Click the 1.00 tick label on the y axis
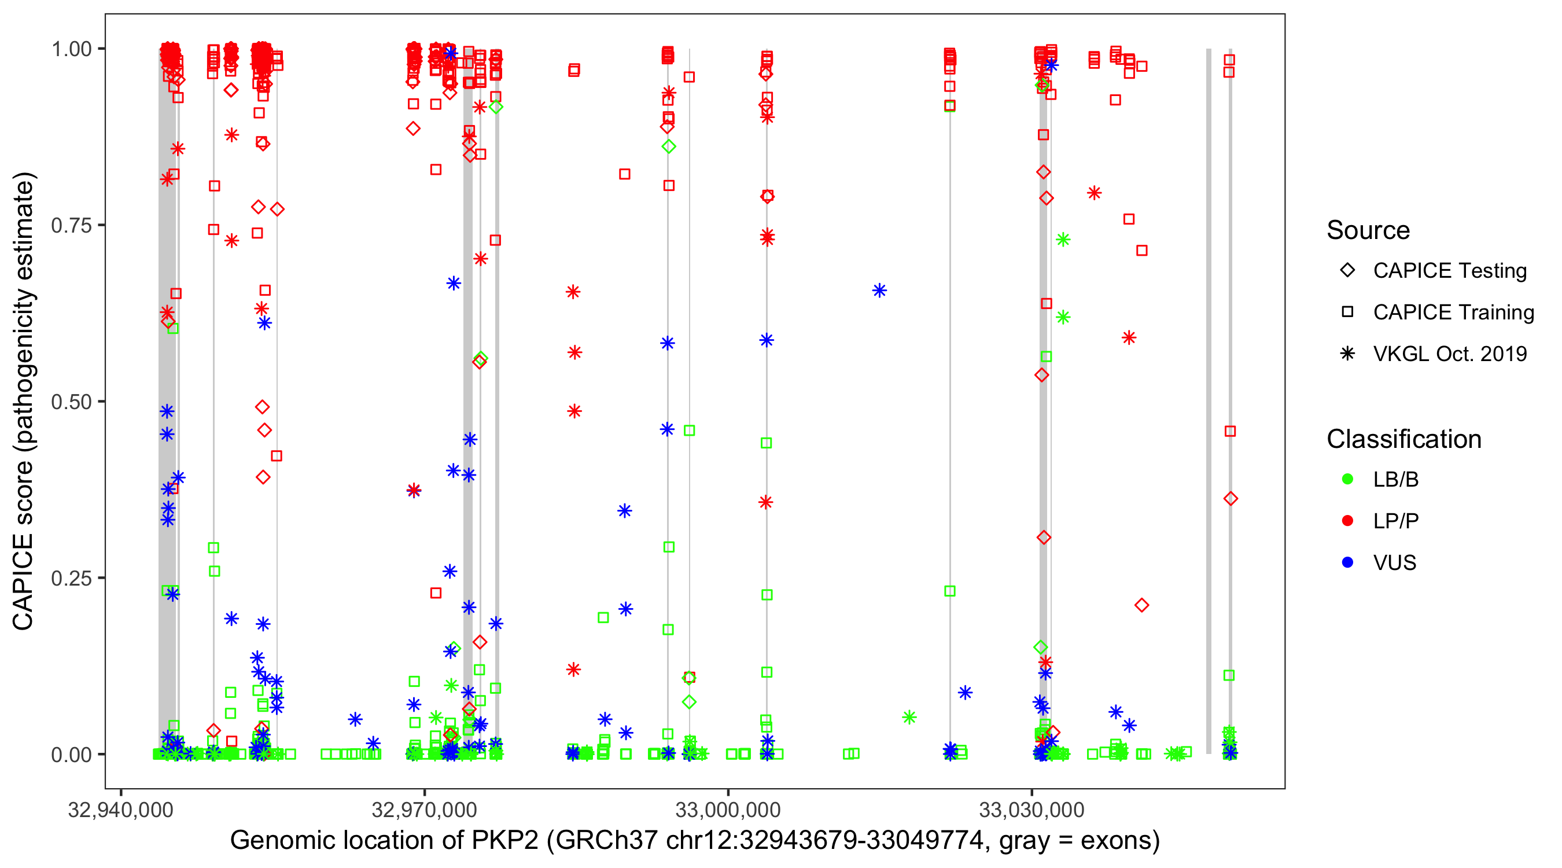(x=71, y=49)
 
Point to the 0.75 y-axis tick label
(x=71, y=225)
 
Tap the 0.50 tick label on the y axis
(x=71, y=402)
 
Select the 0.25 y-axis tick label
(x=71, y=578)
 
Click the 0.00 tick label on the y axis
(x=71, y=755)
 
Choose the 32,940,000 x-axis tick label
(x=121, y=810)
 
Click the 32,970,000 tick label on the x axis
(x=425, y=810)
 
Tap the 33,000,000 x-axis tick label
(x=728, y=810)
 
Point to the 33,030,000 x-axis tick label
(x=1032, y=810)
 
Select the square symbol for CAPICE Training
(x=1347, y=312)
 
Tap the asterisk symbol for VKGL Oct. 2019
(x=1347, y=354)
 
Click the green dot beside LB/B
(x=1347, y=479)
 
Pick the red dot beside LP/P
(x=1347, y=521)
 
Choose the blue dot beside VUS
(x=1347, y=562)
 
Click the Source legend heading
(x=1368, y=230)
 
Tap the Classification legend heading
(x=1403, y=439)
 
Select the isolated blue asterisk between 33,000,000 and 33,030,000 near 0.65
(x=879, y=290)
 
